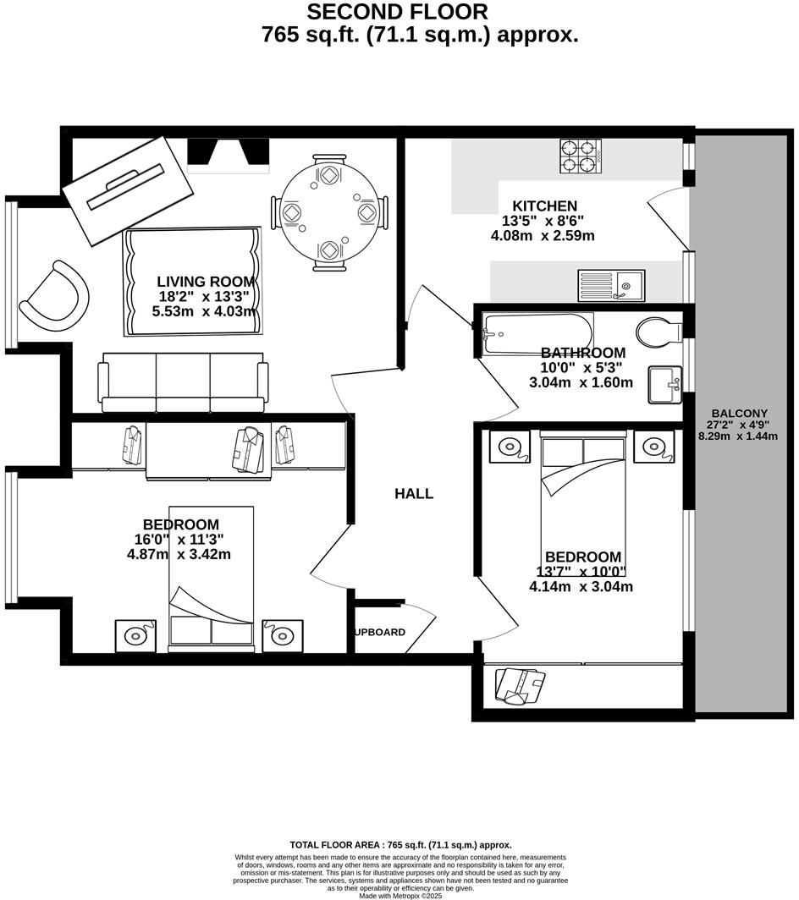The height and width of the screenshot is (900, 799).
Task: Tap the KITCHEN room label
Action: (544, 206)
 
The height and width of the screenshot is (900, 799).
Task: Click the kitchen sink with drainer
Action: (611, 285)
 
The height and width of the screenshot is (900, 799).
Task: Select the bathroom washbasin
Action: (665, 385)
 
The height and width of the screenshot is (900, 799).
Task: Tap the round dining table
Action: (329, 211)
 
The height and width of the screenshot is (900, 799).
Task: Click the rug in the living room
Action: (193, 281)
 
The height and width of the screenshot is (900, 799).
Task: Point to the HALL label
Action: (414, 494)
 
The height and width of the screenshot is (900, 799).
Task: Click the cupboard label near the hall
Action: (379, 632)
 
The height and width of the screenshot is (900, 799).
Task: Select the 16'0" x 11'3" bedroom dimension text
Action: (179, 540)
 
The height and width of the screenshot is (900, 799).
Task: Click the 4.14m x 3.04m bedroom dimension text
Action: (581, 586)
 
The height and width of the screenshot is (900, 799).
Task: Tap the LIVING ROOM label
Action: (206, 282)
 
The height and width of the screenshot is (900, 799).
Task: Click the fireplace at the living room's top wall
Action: (228, 153)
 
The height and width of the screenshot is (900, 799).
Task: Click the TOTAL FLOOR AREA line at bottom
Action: (400, 844)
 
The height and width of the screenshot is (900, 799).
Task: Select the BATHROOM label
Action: (583, 353)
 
